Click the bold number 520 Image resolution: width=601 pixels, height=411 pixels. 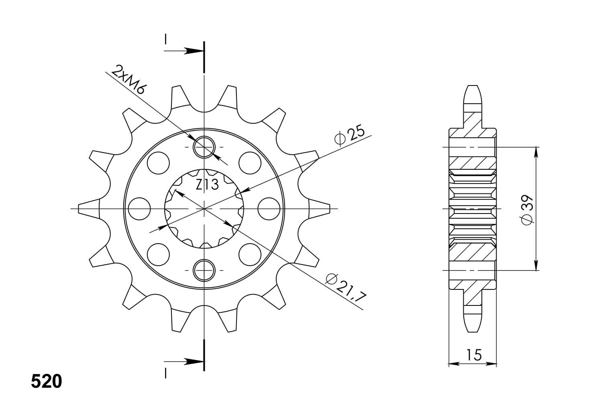(x=47, y=382)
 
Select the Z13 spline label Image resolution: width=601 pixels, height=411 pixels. (x=207, y=185)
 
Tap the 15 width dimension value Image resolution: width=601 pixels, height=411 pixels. (x=473, y=355)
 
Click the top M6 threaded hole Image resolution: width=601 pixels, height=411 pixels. (x=204, y=147)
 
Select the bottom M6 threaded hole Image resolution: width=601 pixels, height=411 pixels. (x=204, y=270)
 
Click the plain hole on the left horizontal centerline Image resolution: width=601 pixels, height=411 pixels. (x=139, y=209)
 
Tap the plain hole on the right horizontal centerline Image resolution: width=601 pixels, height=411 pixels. (x=269, y=209)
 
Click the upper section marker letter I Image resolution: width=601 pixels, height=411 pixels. (x=165, y=39)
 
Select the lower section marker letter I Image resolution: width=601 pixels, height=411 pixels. (x=165, y=373)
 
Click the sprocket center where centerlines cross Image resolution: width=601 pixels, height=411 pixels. (x=204, y=209)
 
